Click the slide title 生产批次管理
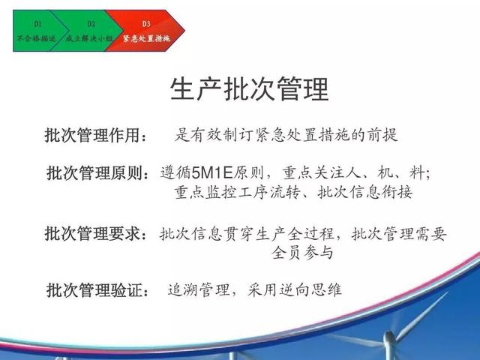250,89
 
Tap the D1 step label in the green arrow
37,23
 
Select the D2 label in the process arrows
91,23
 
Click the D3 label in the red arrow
146,23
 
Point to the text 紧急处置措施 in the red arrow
146,38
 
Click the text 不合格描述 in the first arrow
37,38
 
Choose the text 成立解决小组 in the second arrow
89,38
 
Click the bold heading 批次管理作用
92,135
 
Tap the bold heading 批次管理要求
92,233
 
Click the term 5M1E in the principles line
212,173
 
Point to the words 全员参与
302,253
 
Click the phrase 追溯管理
198,289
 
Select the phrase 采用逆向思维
294,289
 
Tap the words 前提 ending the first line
382,135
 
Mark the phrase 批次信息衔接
365,193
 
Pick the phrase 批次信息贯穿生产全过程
247,234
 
